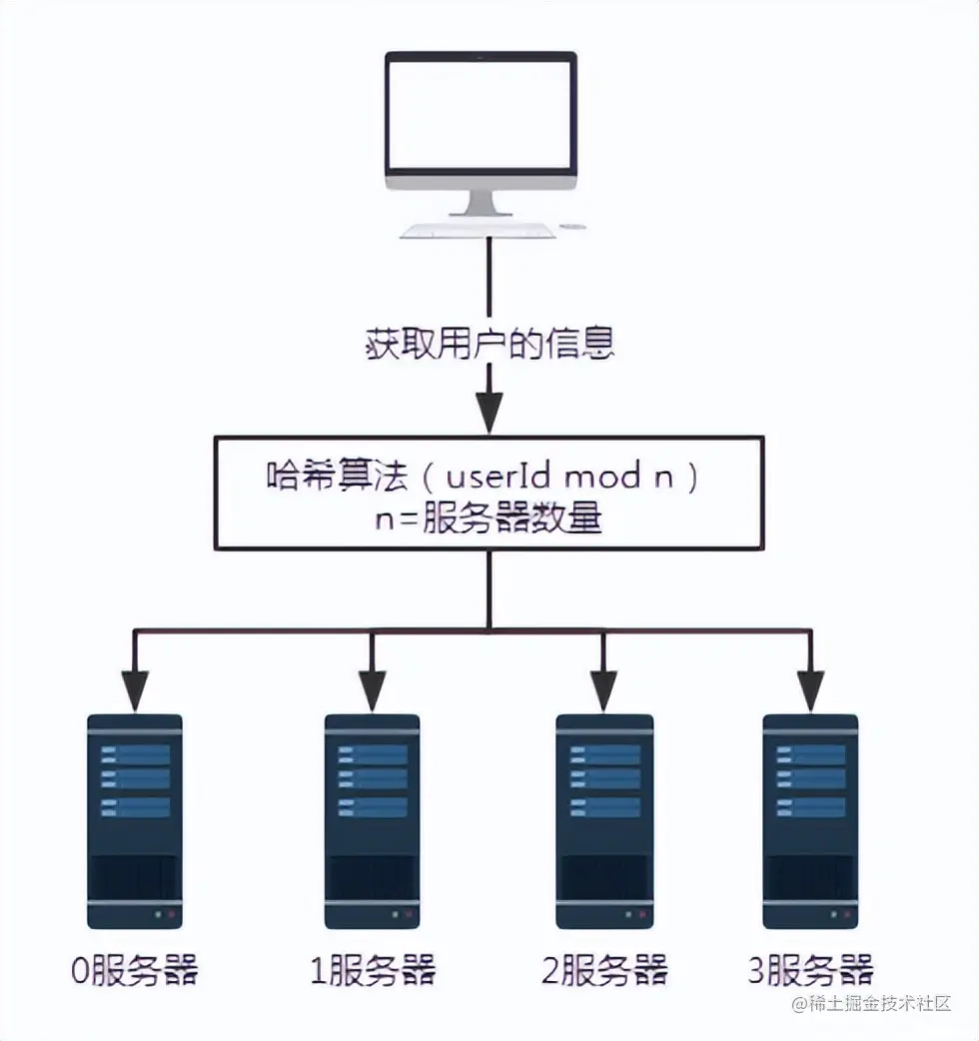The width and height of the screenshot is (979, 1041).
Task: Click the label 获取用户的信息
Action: coord(489,344)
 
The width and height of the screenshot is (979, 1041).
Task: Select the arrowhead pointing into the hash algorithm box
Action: coord(489,413)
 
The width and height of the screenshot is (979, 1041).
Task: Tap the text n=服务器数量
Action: coord(489,518)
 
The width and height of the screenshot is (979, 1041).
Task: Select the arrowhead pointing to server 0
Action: coord(135,690)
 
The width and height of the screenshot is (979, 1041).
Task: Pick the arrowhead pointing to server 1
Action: coord(372,690)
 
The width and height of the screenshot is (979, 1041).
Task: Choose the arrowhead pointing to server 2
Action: coord(603,690)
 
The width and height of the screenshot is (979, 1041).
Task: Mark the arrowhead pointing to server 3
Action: coord(810,690)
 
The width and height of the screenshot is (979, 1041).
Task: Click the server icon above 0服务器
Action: coord(135,822)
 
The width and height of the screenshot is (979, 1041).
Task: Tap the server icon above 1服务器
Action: coord(372,822)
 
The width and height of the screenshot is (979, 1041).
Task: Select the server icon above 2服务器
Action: coord(604,822)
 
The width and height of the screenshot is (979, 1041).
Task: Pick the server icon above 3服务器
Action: coord(810,822)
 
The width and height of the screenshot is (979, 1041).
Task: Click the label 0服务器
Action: coord(135,971)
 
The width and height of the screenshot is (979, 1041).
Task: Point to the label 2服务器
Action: coord(604,971)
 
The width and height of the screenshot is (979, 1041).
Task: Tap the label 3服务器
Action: coord(810,971)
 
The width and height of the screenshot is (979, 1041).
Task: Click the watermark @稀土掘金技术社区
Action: coord(871,1003)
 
